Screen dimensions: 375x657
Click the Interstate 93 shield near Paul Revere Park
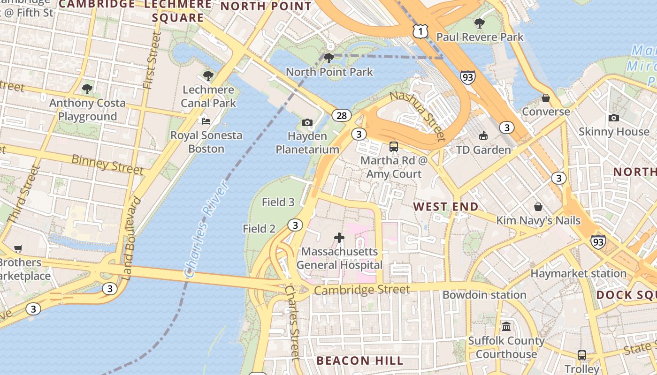[x=467, y=77]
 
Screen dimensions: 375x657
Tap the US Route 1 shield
[x=420, y=31]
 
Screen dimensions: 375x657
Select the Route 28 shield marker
[x=342, y=115]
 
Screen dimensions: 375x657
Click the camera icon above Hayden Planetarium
[x=307, y=123]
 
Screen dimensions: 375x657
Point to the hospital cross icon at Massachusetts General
[x=339, y=238]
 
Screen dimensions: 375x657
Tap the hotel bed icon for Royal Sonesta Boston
[x=206, y=121]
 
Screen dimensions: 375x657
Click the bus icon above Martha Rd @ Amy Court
[x=394, y=147]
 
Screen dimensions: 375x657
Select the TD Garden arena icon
[x=483, y=136]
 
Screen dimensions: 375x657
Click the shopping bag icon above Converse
[x=545, y=98]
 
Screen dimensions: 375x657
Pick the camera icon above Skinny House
[x=613, y=118]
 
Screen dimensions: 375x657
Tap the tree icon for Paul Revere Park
[x=479, y=23]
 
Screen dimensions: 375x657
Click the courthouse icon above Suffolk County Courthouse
[x=506, y=327]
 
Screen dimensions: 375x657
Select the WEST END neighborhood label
[x=446, y=207]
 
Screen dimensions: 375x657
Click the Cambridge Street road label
[x=361, y=290]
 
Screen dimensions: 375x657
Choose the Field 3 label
[x=278, y=202]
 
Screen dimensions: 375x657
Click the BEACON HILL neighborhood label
[x=359, y=360]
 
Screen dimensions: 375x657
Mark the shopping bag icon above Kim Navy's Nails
[x=538, y=207]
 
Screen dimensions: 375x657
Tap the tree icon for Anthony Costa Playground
[x=87, y=89]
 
